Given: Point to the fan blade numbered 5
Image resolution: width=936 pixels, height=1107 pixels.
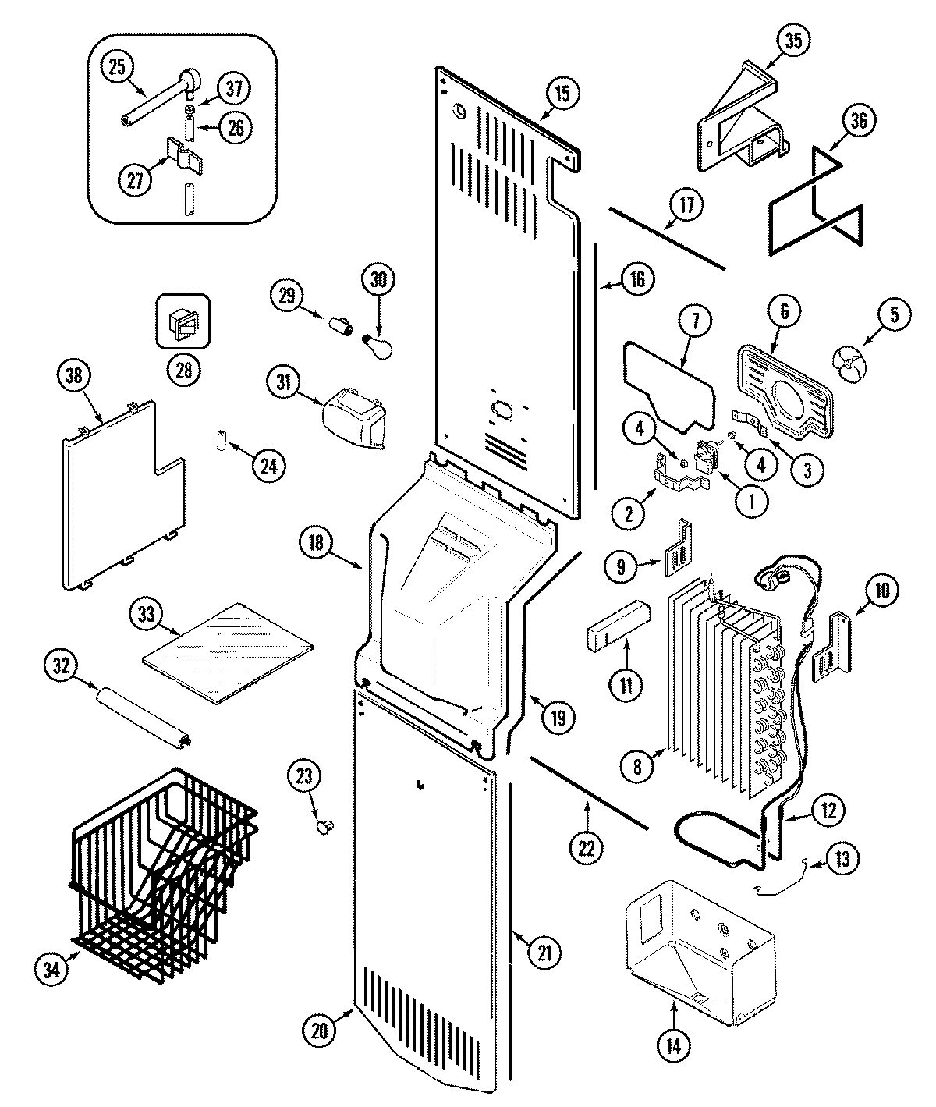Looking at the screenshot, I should (x=848, y=364).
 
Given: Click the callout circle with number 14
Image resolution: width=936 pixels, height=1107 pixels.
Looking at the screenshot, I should (x=673, y=1045).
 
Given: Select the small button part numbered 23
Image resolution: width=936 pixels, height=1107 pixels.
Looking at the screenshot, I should (x=324, y=823).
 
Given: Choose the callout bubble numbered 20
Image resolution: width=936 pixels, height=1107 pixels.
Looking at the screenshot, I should (x=319, y=1030).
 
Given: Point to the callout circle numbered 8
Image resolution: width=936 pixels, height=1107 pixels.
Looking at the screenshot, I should (x=637, y=767).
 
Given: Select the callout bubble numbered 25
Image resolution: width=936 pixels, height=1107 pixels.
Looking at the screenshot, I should (x=116, y=68).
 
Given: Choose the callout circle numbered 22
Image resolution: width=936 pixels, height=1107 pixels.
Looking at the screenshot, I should (x=587, y=849).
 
